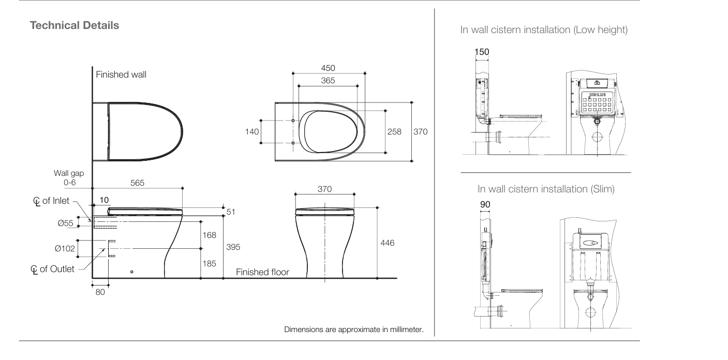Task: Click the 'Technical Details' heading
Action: click(x=75, y=25)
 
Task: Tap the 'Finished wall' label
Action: click(x=121, y=74)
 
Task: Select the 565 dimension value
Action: click(x=137, y=183)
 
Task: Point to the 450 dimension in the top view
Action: click(x=328, y=68)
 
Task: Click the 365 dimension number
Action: click(x=328, y=80)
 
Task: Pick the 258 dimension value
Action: click(x=394, y=131)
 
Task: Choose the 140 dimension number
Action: click(x=252, y=131)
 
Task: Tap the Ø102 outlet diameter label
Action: click(x=65, y=249)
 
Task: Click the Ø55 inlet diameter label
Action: click(x=65, y=223)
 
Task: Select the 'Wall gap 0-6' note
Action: click(x=69, y=178)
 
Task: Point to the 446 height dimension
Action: click(x=388, y=243)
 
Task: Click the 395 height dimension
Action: click(x=233, y=247)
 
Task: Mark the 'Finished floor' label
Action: click(x=262, y=272)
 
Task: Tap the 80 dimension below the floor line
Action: click(x=100, y=292)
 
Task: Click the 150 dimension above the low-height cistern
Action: click(x=482, y=52)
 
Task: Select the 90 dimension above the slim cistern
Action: click(x=485, y=204)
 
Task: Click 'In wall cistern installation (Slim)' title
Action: click(x=546, y=189)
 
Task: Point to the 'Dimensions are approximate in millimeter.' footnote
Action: click(x=354, y=329)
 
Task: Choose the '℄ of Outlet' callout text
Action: click(x=52, y=269)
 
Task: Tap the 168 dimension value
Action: click(x=210, y=235)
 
